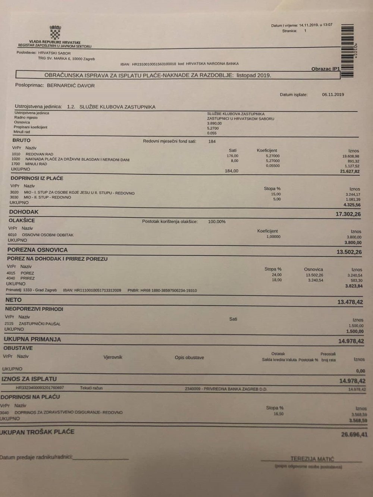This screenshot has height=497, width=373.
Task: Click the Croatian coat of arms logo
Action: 55,32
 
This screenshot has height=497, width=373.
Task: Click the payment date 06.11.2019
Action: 333,95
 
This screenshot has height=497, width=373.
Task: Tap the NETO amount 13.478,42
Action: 350,302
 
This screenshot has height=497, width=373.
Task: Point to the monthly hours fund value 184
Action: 212,142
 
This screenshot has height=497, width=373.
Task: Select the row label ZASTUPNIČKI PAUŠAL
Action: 37,324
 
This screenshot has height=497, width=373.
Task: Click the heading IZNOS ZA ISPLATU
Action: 29,379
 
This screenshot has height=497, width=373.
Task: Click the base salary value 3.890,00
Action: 214,123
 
